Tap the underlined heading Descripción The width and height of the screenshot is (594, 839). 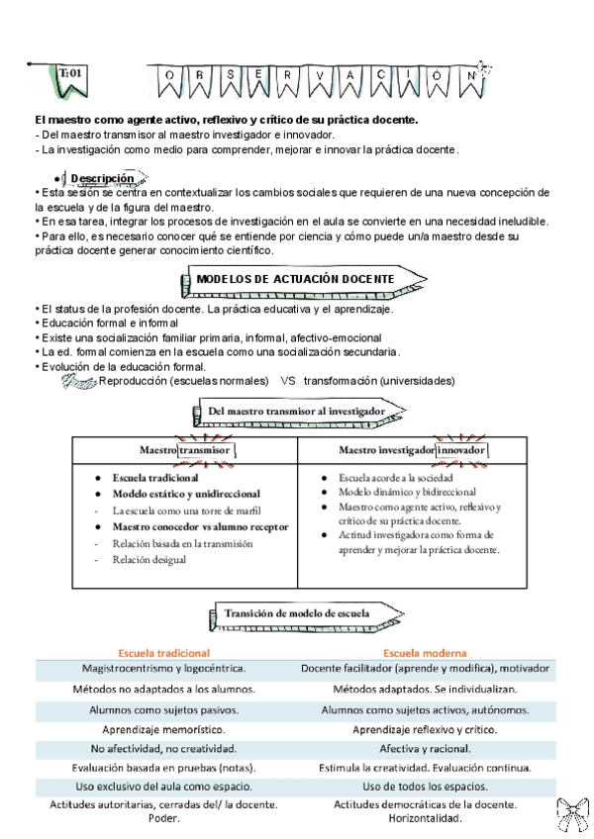(102, 178)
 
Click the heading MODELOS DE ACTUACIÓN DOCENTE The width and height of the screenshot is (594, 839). (295, 280)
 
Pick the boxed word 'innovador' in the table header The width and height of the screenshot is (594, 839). (462, 450)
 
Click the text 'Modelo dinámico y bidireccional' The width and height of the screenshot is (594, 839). (408, 492)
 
